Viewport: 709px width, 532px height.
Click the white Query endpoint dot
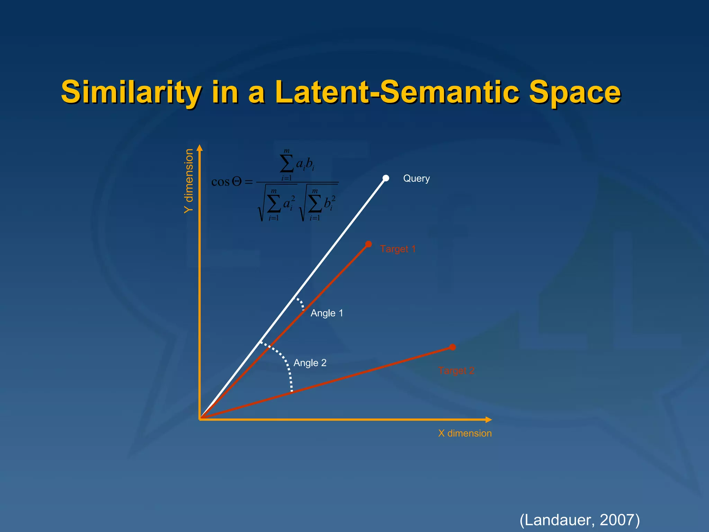[x=386, y=178]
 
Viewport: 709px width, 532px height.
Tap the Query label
[x=416, y=178]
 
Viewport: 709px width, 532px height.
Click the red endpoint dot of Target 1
[x=369, y=244]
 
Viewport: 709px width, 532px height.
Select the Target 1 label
[x=397, y=249]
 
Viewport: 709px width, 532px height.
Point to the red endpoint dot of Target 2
[x=452, y=347]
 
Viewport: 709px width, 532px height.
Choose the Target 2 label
[x=456, y=371]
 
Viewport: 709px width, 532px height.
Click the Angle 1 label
[x=326, y=313]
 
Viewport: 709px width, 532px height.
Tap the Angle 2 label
[x=310, y=363]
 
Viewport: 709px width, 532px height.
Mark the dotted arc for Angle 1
[x=300, y=303]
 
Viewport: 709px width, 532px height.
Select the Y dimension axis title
[x=189, y=181]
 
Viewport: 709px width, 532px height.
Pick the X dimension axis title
[x=465, y=433]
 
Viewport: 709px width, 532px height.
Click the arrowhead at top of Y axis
[x=199, y=148]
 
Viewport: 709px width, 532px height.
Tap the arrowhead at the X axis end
[x=488, y=420]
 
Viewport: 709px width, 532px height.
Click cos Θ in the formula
[x=226, y=182]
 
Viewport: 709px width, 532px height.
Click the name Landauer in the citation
[x=559, y=520]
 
